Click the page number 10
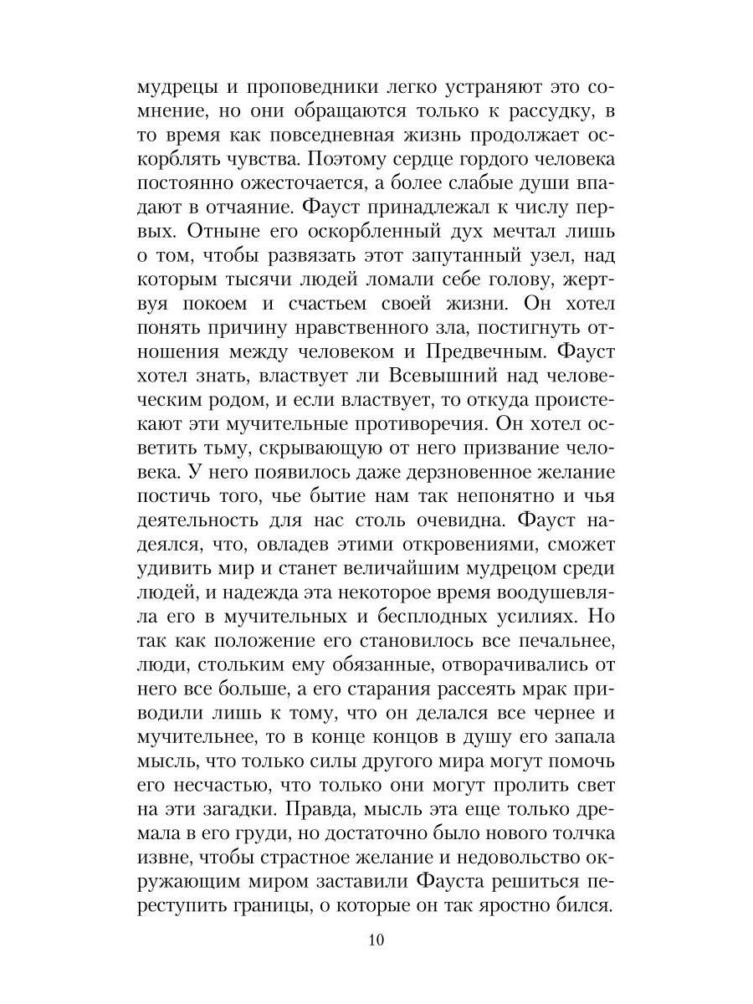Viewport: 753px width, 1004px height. [x=375, y=963]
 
